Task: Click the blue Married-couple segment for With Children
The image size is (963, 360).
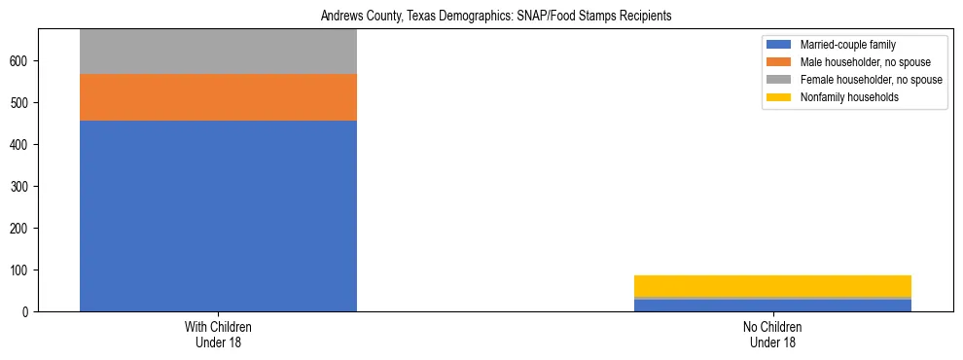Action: [x=218, y=216]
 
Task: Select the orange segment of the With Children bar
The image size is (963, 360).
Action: [x=218, y=97]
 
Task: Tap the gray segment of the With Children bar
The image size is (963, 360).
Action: [x=218, y=52]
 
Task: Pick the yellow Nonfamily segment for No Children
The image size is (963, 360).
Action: [x=772, y=286]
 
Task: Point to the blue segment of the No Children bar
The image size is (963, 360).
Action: [x=772, y=306]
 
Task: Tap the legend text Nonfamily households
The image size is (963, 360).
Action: [x=841, y=97]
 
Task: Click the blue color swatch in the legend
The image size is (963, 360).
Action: [x=780, y=45]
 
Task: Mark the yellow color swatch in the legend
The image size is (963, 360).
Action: [x=780, y=97]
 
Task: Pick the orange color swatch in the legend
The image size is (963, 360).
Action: [x=780, y=62]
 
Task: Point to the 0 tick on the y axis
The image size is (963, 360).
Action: [x=27, y=311]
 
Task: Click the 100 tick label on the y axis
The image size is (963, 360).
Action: [x=21, y=270]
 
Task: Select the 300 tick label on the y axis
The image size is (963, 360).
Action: [x=21, y=186]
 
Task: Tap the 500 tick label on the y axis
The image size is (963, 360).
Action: [x=21, y=103]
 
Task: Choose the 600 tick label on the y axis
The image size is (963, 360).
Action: [x=21, y=61]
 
